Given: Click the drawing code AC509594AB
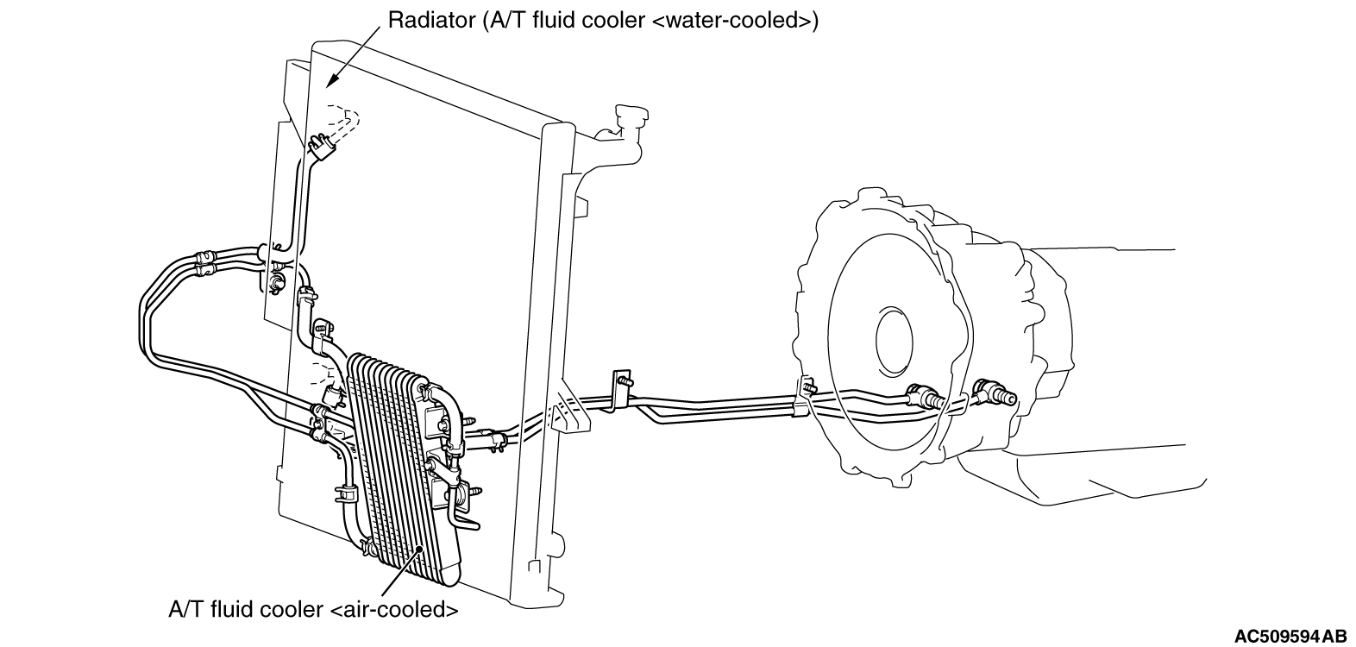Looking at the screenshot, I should [1290, 637].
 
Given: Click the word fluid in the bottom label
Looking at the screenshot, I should [229, 610].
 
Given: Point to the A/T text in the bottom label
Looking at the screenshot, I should [185, 610].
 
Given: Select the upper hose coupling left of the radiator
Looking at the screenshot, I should [204, 255].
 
